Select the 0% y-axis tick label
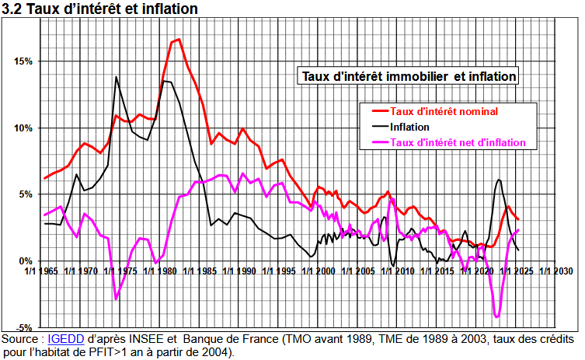(x=25, y=261)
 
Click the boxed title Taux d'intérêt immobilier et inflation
(x=409, y=76)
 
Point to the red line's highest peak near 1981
(x=178, y=40)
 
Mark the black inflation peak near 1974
(x=117, y=77)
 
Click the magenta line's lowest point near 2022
(x=496, y=316)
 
